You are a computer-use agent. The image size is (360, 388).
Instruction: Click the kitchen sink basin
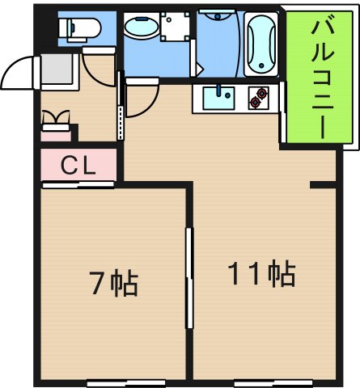tap(217, 99)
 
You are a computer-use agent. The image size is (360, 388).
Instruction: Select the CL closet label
tap(79, 167)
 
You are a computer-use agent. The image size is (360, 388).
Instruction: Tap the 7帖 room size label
tap(112, 283)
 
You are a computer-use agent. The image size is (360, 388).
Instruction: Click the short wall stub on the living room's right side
tap(324, 187)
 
